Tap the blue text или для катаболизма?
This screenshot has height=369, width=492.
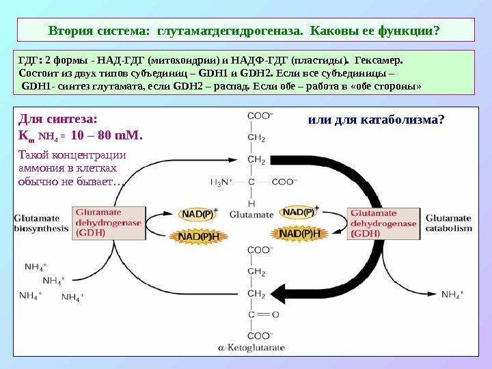click(377, 119)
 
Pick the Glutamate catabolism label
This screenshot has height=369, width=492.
click(449, 223)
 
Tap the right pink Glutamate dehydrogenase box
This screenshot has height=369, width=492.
click(381, 223)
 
